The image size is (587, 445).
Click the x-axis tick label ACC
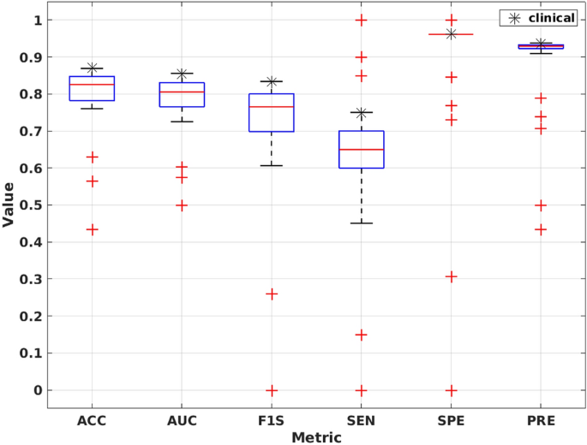pos(92,421)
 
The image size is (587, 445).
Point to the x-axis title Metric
pos(316,437)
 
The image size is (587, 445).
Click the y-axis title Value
pos(9,204)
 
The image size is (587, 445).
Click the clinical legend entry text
pos(552,18)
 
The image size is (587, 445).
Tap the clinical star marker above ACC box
pos(92,68)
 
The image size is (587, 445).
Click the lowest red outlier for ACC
pos(92,229)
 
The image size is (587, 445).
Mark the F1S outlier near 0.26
pos(272,294)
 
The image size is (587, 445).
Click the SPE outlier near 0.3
pos(451,276)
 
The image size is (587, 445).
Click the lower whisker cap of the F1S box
pos(272,165)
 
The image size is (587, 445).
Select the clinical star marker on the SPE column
pos(451,33)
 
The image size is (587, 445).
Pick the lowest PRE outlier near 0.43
pos(540,229)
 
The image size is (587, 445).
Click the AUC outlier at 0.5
pos(182,205)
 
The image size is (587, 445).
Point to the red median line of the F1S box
pos(272,107)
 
